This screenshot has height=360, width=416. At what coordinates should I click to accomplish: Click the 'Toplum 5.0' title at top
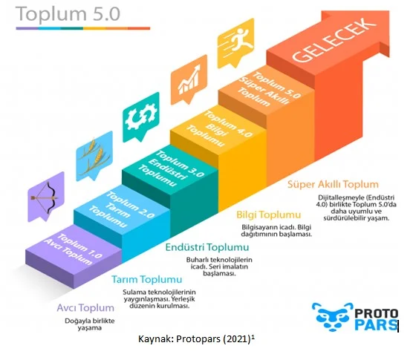[x=68, y=14]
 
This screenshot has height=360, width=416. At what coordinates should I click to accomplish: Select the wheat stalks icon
[x=94, y=157]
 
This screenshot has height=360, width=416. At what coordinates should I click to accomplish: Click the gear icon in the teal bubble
[x=141, y=117]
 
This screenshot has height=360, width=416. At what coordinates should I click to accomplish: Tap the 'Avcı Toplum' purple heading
[x=85, y=308]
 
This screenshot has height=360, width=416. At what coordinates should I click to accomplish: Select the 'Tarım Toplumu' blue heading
[x=147, y=279]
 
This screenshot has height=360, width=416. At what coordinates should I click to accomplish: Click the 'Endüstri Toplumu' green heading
[x=207, y=247]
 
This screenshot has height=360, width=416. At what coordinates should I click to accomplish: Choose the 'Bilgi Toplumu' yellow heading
[x=268, y=215]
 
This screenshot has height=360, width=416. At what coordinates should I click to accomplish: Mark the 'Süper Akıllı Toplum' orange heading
[x=333, y=184]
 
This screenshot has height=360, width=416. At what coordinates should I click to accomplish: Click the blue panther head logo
[x=333, y=317]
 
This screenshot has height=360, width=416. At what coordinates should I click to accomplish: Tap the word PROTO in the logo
[x=376, y=313]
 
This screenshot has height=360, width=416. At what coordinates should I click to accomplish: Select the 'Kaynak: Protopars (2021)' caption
[x=196, y=338]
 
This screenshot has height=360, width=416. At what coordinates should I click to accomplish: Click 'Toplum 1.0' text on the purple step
[x=79, y=246]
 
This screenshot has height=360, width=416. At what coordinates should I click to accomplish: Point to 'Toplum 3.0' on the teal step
[x=180, y=163]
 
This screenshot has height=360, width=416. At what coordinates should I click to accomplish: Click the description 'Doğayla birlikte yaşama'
[x=90, y=324]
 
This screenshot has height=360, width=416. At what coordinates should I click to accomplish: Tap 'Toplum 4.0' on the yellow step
[x=228, y=124]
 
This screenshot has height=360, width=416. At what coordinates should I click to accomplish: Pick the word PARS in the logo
[x=376, y=325]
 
